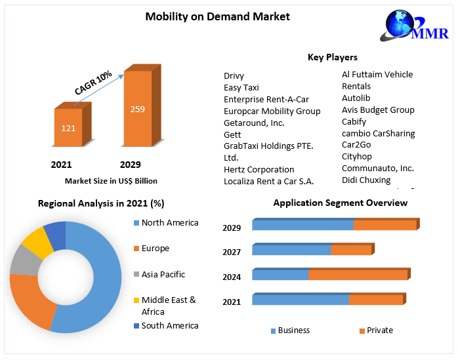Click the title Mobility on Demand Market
[x=217, y=16]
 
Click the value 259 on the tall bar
[x=137, y=109]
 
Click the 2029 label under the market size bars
[x=130, y=165]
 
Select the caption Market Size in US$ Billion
[x=111, y=181]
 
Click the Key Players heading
[x=333, y=57]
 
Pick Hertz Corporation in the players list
[x=259, y=169]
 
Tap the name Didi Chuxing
[x=365, y=180]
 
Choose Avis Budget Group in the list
[x=378, y=110]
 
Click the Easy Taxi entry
[x=241, y=87]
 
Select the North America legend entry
[x=169, y=223]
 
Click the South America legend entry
[x=169, y=326]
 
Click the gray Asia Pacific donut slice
[x=24, y=260]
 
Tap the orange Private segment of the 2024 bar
[x=358, y=274]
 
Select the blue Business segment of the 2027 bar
[x=291, y=250]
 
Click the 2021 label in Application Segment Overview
[x=232, y=302]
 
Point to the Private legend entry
[x=379, y=330]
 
